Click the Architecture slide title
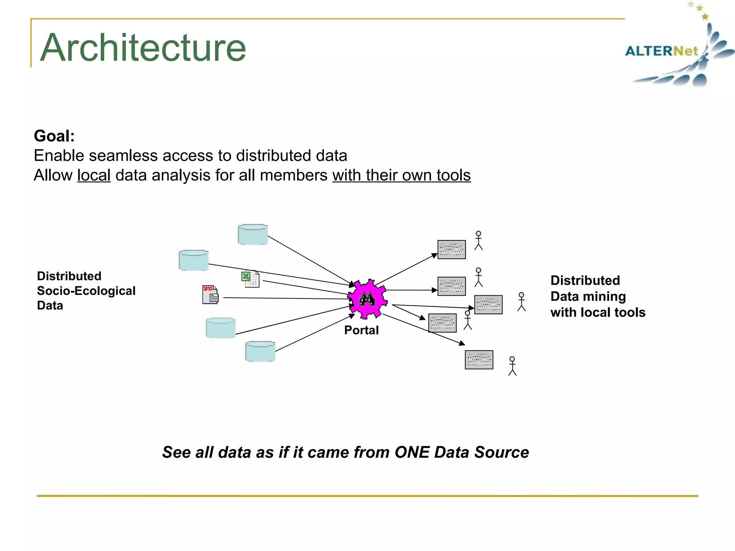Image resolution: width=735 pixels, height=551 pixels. [143, 48]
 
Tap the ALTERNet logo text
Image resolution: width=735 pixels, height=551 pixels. [661, 51]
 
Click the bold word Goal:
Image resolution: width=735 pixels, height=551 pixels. [54, 136]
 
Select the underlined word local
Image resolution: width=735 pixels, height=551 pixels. [94, 175]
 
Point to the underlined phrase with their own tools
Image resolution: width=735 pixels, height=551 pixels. [401, 175]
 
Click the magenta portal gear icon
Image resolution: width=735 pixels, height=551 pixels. [367, 299]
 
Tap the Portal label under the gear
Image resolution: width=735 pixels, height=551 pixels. [361, 330]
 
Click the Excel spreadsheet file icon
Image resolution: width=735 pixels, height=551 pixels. [250, 279]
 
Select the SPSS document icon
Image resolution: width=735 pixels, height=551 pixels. [210, 295]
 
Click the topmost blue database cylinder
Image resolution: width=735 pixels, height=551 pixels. [253, 235]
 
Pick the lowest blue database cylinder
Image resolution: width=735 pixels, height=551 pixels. [260, 351]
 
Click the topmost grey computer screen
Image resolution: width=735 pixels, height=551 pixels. [451, 249]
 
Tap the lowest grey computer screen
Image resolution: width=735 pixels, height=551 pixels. [479, 359]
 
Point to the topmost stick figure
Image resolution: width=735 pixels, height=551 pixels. [478, 240]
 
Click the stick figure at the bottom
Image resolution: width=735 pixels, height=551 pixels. [512, 366]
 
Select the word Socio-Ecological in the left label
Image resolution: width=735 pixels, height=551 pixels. [86, 291]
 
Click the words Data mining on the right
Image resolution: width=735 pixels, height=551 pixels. [588, 296]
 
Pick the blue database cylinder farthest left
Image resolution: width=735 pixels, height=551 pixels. [193, 260]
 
